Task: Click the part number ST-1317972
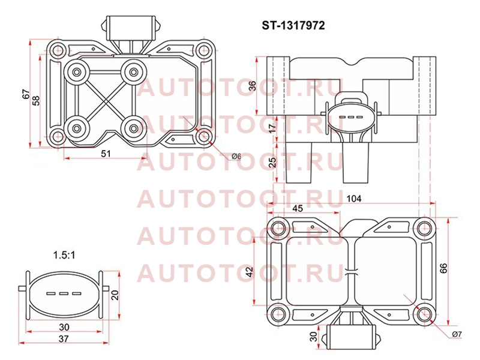point(293,25)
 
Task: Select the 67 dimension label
point(26,94)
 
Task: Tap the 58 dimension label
point(36,100)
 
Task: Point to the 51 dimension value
point(106,154)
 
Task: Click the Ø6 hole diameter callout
point(236,157)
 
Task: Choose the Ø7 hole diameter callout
point(457,334)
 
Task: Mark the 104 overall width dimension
point(354,199)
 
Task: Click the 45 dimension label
point(298,208)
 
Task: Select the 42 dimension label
point(250,272)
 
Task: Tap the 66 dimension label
point(443,268)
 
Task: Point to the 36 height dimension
point(252,86)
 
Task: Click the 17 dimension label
point(272,126)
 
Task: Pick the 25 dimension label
point(272,161)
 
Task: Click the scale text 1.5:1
point(64,255)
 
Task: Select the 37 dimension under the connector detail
point(64,338)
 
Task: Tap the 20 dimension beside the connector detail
point(115,295)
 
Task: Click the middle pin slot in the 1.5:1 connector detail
point(64,294)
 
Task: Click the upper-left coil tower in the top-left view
point(77,72)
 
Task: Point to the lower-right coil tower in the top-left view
point(133,128)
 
